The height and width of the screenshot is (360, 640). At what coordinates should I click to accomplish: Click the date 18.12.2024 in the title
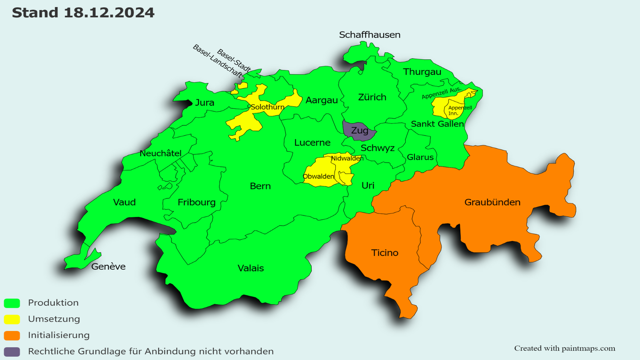pyautogui.click(x=109, y=13)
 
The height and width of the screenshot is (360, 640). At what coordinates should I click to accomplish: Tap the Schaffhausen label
pyautogui.click(x=369, y=35)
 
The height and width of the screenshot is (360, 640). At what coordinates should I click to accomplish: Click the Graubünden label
pyautogui.click(x=492, y=202)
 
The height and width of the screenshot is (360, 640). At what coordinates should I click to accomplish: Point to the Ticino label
pyautogui.click(x=384, y=253)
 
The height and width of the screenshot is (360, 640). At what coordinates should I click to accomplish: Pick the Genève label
pyautogui.click(x=108, y=267)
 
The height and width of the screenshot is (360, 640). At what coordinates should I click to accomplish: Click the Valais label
pyautogui.click(x=250, y=268)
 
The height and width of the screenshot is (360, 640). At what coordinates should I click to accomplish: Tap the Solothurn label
pyautogui.click(x=267, y=107)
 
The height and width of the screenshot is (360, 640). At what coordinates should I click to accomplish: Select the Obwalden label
pyautogui.click(x=318, y=177)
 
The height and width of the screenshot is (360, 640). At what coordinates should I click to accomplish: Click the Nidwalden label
pyautogui.click(x=347, y=158)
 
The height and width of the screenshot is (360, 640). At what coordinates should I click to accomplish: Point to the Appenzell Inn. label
pyautogui.click(x=460, y=110)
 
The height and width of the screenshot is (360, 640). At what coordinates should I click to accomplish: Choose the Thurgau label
pyautogui.click(x=422, y=72)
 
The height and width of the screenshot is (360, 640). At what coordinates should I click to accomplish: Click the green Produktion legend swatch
pyautogui.click(x=12, y=303)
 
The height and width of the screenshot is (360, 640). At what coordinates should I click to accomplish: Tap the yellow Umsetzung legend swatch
pyautogui.click(x=12, y=319)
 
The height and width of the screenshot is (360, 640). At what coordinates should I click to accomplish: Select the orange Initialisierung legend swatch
pyautogui.click(x=12, y=335)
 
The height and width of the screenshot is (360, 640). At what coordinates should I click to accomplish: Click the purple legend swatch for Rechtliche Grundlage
pyautogui.click(x=12, y=351)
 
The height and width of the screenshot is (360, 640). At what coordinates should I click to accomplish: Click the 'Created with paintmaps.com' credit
pyautogui.click(x=564, y=348)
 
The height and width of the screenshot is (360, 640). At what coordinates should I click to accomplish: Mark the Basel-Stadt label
pyautogui.click(x=234, y=60)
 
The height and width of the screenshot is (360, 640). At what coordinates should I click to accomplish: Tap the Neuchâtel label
pyautogui.click(x=160, y=154)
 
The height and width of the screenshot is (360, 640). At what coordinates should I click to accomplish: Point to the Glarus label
pyautogui.click(x=420, y=157)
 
